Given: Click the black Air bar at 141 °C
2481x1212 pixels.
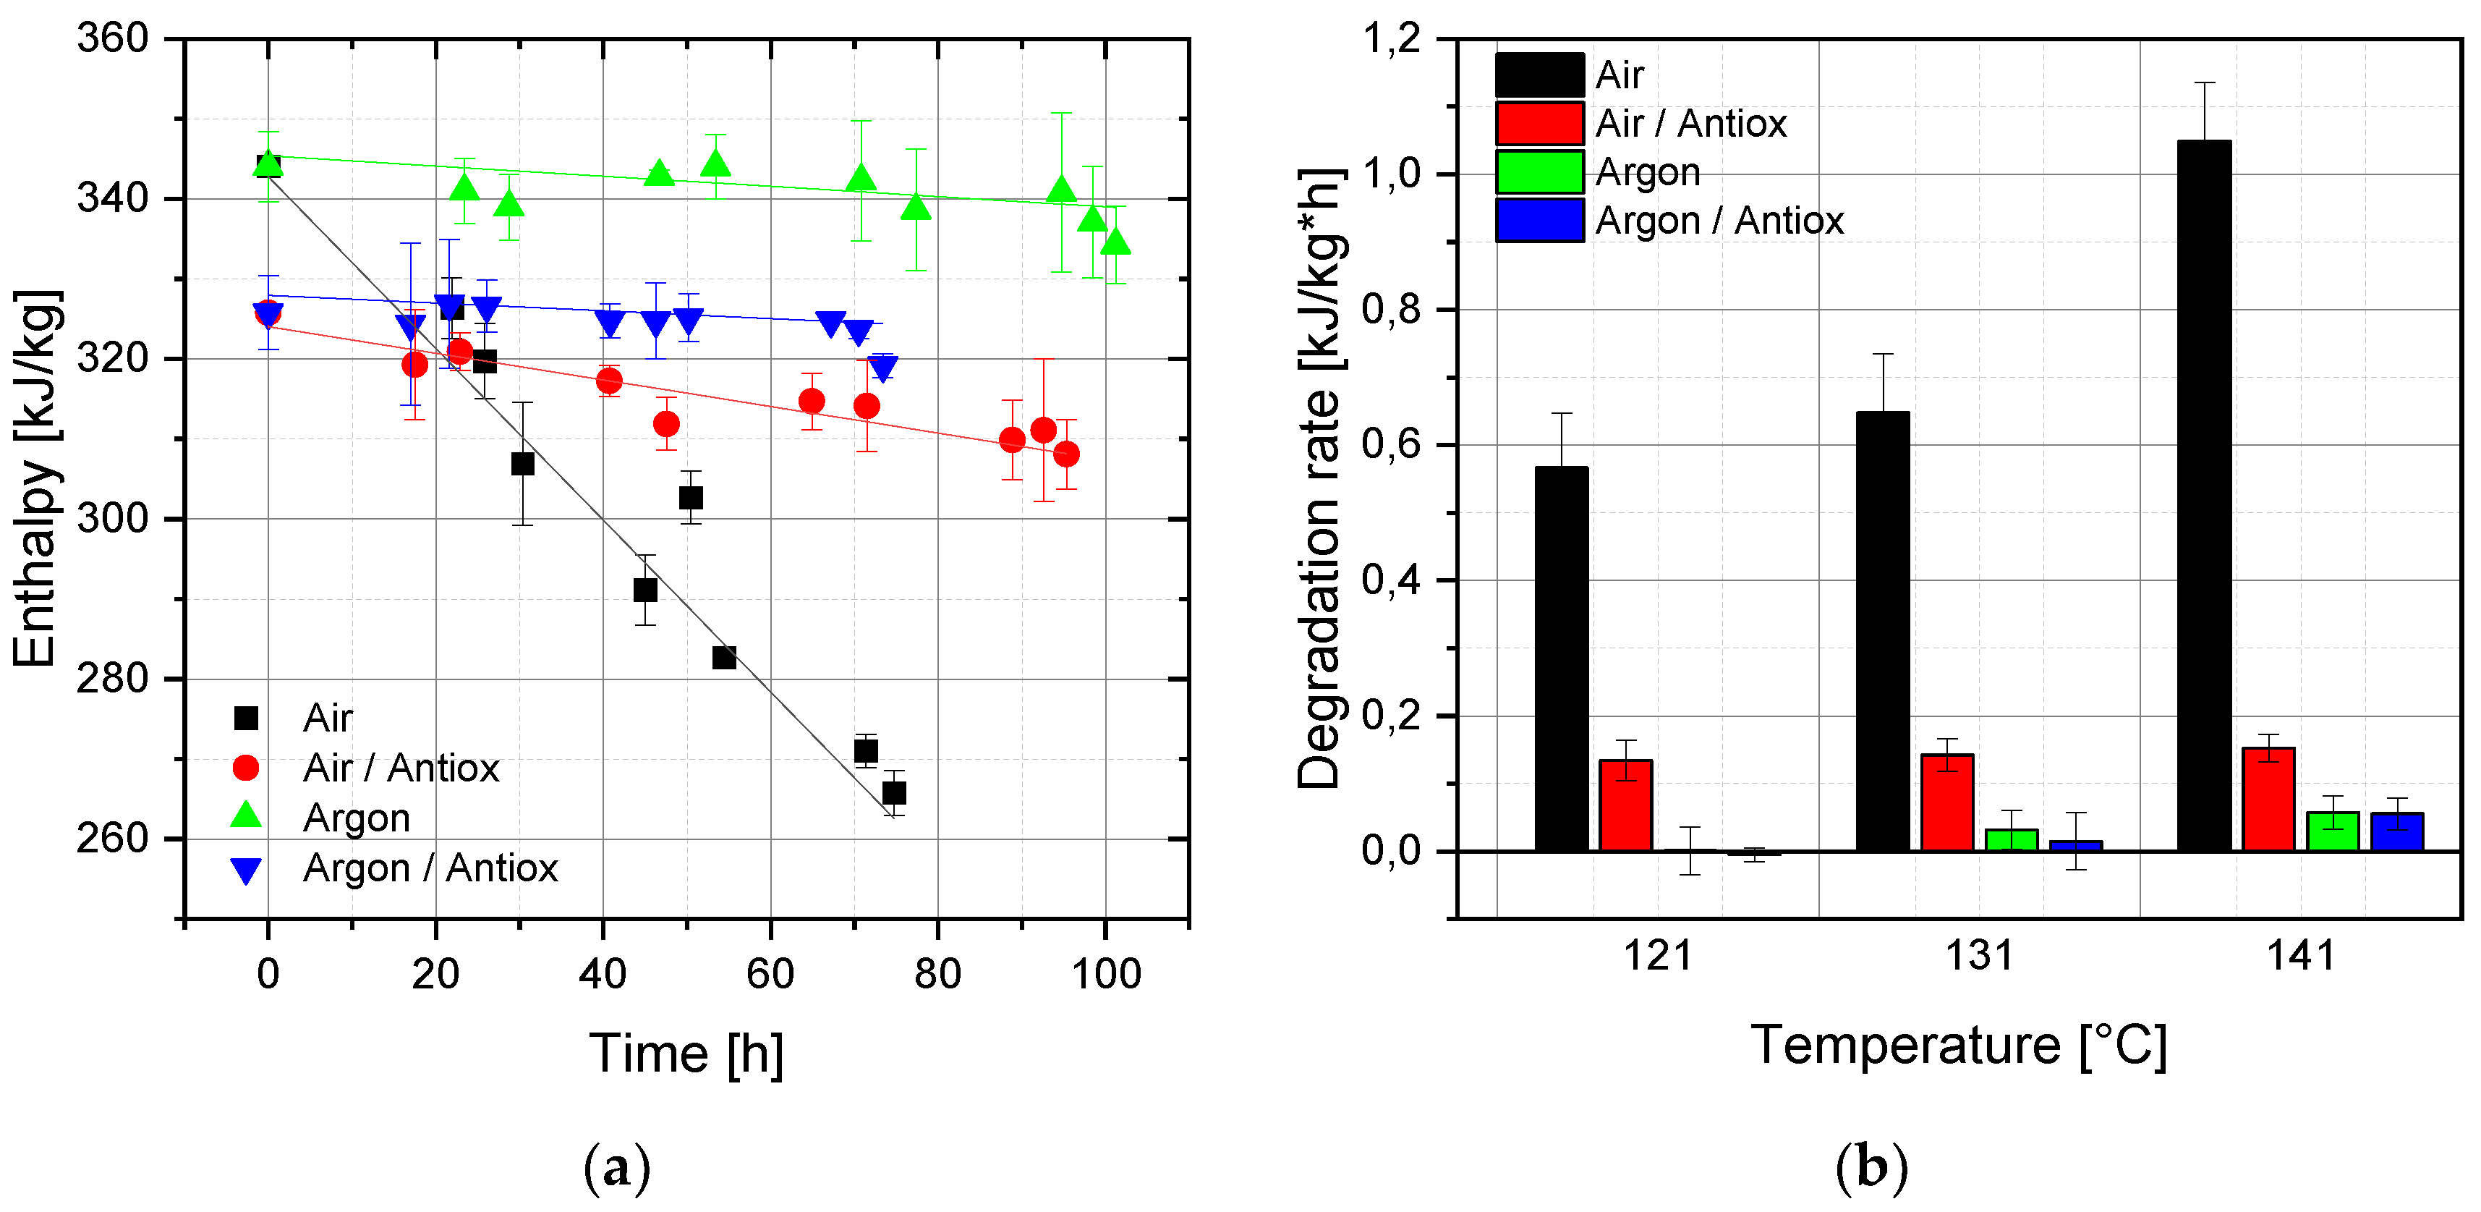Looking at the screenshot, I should (x=2204, y=496).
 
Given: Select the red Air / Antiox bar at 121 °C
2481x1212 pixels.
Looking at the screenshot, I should (x=1626, y=805).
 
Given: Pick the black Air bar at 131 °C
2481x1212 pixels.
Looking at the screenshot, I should (x=1882, y=631).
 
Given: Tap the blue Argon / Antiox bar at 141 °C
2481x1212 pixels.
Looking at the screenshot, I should (x=2396, y=831).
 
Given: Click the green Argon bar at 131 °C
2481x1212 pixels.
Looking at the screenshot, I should (x=2011, y=840).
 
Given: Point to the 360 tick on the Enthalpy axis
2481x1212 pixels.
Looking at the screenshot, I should (x=113, y=38).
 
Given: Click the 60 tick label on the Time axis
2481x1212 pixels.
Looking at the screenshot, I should (x=770, y=974).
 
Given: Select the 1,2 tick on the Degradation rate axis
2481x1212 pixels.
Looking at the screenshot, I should (x=1391, y=38).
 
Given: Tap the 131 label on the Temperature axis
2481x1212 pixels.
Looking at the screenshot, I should (x=1979, y=956).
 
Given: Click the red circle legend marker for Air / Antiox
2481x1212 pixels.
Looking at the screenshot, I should (x=247, y=768).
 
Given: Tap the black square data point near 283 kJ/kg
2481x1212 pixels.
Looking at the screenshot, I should (x=724, y=658).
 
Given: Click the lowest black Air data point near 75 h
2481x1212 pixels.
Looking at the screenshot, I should (x=894, y=793).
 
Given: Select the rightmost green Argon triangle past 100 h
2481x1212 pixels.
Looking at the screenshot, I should (x=1115, y=241).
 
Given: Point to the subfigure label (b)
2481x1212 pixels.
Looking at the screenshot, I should (x=1871, y=1169).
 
